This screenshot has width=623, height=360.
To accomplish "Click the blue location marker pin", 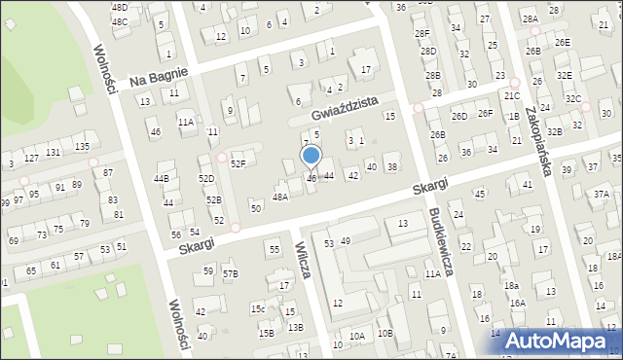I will click(311, 157).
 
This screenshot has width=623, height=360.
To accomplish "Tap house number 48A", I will click(280, 197).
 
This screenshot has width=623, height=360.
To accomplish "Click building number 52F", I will click(238, 163).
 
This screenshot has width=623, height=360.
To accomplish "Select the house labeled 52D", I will click(206, 179).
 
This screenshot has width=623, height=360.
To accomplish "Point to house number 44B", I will click(162, 179).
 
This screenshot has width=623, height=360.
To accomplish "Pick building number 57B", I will click(230, 274).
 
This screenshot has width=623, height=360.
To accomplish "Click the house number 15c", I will click(258, 308).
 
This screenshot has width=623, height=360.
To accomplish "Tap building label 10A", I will click(357, 336).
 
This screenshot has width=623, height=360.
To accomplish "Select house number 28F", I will click(421, 33).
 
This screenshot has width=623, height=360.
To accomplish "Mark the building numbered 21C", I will click(512, 96).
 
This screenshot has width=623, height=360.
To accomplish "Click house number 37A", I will click(602, 195).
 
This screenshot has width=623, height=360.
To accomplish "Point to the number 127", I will click(31, 158).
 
